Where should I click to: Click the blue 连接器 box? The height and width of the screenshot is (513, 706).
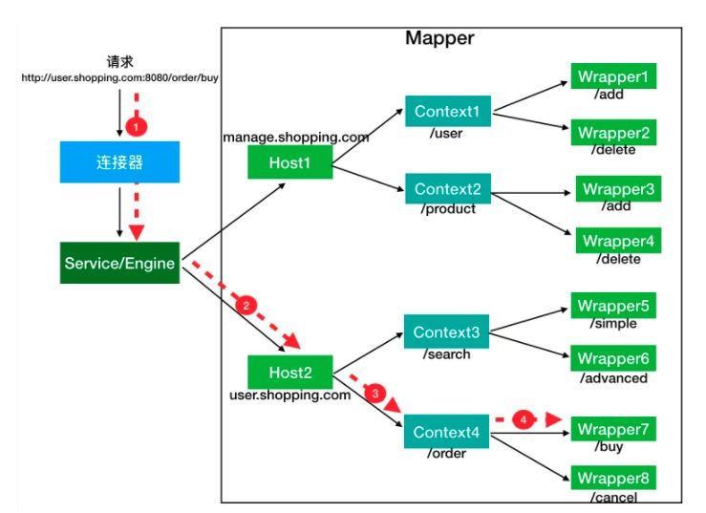(x=118, y=162)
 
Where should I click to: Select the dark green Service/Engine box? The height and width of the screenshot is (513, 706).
(x=119, y=263)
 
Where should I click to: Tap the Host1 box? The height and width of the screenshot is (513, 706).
(x=289, y=162)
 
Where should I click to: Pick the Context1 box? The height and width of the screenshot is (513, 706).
(x=447, y=112)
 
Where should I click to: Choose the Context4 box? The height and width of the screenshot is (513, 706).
(x=447, y=433)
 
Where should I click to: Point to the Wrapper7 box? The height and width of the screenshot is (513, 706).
(x=614, y=429)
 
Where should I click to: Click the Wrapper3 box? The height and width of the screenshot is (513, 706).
(x=617, y=189)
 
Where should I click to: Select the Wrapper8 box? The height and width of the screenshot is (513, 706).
(x=614, y=479)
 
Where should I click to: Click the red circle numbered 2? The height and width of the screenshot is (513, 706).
(x=246, y=306)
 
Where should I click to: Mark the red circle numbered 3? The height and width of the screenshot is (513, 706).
(x=375, y=393)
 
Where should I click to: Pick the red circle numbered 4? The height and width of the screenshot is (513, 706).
(x=523, y=418)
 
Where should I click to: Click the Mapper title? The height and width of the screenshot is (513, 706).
(x=439, y=39)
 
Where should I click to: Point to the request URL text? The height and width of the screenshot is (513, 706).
(x=119, y=79)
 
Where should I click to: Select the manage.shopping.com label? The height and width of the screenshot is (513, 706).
(x=296, y=138)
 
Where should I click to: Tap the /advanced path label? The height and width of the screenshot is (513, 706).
(x=612, y=378)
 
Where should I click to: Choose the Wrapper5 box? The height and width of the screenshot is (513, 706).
(x=614, y=307)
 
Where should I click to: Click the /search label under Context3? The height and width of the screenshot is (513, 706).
(x=446, y=353)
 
